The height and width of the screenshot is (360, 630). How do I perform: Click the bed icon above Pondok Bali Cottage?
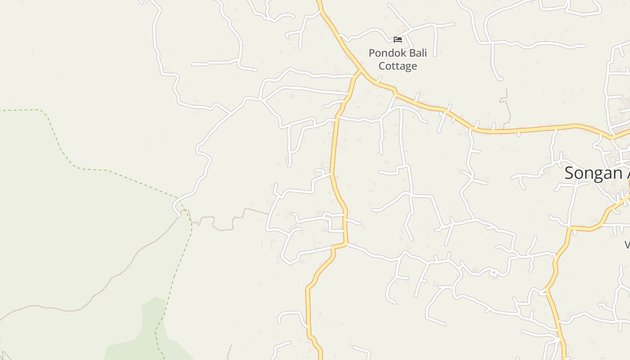[x=398, y=40]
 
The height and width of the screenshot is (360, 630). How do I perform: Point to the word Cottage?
[x=397, y=66]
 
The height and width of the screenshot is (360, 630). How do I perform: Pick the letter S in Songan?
[x=570, y=173]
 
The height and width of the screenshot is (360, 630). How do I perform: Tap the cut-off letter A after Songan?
[x=627, y=173]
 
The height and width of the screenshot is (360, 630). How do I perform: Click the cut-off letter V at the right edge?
[x=627, y=245]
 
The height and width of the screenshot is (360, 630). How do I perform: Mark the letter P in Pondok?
[x=372, y=53]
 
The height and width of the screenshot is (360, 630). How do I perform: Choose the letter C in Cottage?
[x=382, y=66]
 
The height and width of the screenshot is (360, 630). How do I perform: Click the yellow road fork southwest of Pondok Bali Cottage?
[x=360, y=72]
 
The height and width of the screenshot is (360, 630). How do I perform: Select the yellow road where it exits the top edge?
[x=319, y=2]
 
